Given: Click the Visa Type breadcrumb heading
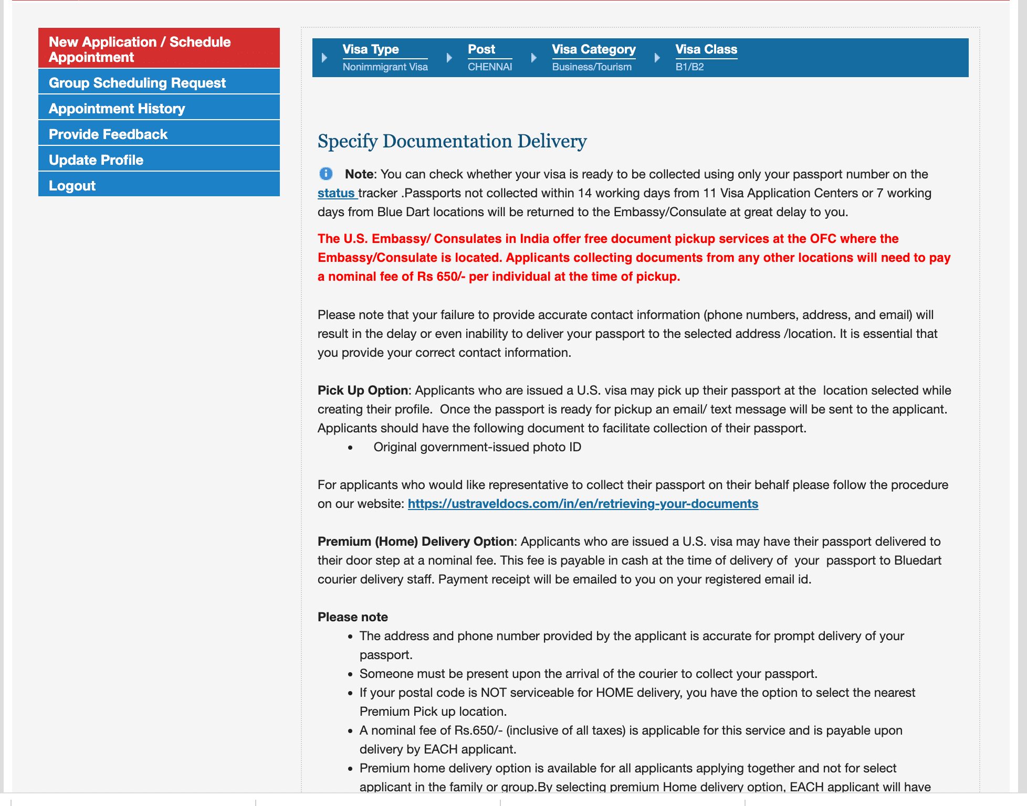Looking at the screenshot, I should coord(370,49).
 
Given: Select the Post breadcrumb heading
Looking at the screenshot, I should coord(481,49).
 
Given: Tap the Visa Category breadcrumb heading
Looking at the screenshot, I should coord(593,49).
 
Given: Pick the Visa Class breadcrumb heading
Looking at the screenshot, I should coord(706,49).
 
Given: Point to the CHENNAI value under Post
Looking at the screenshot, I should coord(489,67).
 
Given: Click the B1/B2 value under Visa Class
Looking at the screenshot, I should coord(689,67).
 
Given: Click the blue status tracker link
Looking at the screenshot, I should coord(336,193).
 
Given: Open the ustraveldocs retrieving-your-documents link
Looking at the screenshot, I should coord(582,504).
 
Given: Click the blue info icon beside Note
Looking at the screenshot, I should coord(326,174).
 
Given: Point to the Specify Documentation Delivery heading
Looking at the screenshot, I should coord(452,141).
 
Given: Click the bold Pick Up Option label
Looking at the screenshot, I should coord(362,390).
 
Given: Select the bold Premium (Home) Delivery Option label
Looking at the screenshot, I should coord(415,542).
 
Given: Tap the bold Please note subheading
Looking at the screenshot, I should coord(352,617).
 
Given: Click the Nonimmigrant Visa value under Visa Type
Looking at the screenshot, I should coord(385,67).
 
